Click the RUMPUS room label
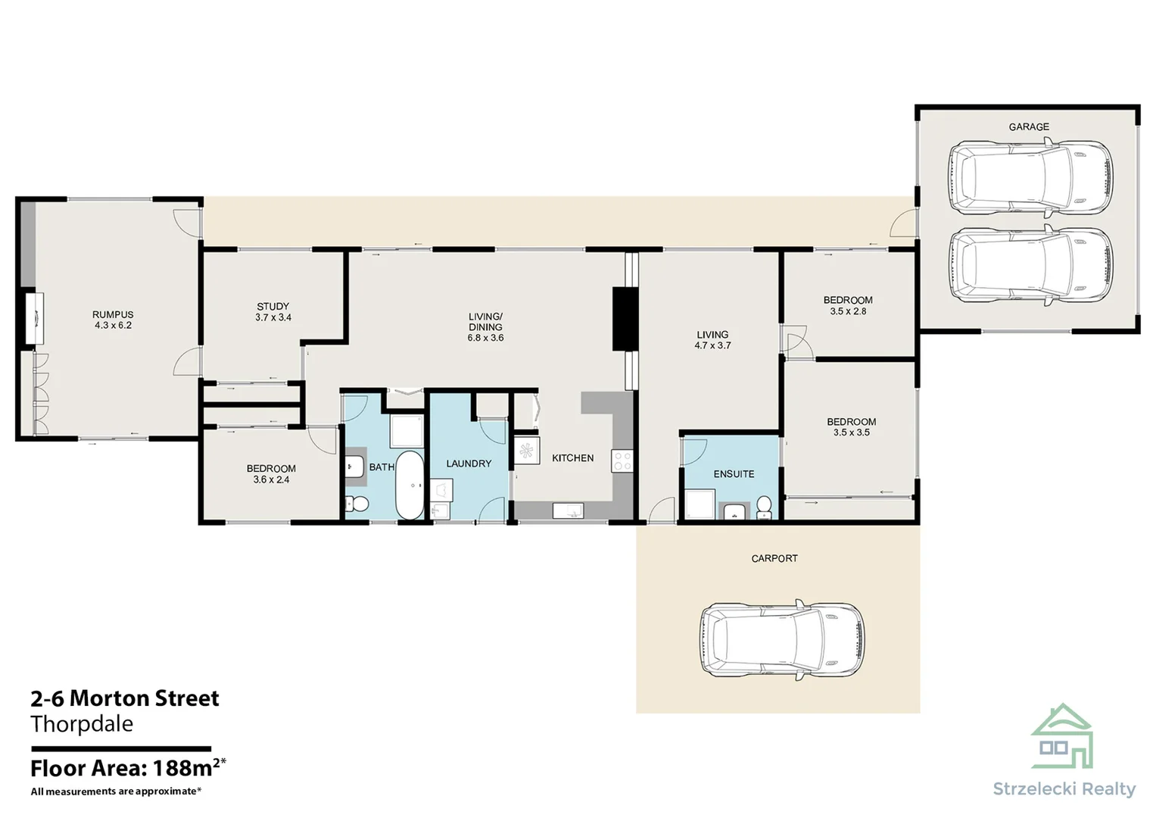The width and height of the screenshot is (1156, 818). (113, 314)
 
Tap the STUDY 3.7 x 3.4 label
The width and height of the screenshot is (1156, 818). (273, 312)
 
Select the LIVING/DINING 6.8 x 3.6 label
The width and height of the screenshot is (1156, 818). (485, 327)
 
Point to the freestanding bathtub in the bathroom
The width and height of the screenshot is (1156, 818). (410, 485)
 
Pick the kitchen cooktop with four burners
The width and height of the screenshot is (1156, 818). (622, 461)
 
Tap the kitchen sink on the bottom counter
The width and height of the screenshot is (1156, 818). (569, 510)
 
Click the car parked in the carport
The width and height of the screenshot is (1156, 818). (782, 640)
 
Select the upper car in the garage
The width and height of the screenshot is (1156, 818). (1030, 177)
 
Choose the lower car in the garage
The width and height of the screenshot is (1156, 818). (1030, 265)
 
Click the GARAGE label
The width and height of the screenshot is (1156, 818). (1029, 126)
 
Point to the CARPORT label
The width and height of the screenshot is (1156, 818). (774, 558)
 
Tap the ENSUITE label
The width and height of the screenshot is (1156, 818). (734, 473)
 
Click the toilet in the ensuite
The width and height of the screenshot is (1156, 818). (764, 507)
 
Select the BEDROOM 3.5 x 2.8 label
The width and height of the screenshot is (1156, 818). (848, 305)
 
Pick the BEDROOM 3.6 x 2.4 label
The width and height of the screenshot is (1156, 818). (271, 474)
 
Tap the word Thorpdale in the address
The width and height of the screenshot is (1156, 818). (82, 724)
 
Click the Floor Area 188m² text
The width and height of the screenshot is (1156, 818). (129, 768)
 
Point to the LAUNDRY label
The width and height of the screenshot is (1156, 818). (469, 464)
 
